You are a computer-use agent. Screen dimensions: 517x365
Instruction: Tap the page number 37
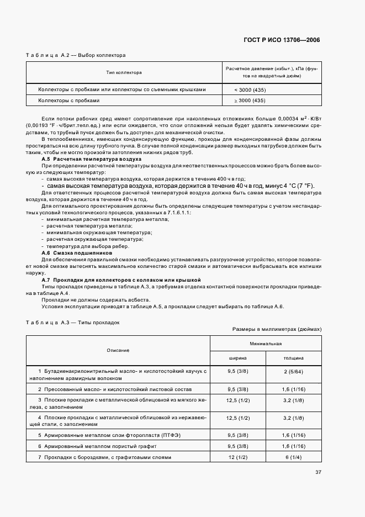click(x=318, y=472)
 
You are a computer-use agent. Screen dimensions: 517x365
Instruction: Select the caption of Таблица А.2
click(x=76, y=55)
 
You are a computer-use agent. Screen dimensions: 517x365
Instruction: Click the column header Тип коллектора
click(x=124, y=72)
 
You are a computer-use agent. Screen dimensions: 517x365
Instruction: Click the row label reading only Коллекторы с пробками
click(x=68, y=101)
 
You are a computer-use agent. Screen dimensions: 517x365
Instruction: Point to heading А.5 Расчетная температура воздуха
click(x=92, y=159)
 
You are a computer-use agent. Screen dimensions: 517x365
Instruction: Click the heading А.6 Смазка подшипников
click(x=77, y=252)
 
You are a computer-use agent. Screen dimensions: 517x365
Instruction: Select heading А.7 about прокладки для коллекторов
click(x=121, y=280)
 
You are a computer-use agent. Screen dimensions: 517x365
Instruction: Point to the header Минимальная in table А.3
click(x=266, y=344)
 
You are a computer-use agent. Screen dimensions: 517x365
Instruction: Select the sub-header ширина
click(x=238, y=358)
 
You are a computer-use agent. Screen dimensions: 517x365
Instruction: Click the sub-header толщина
click(x=293, y=358)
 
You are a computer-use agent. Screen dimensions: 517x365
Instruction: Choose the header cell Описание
click(x=118, y=350)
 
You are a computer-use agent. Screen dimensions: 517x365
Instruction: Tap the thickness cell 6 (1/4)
click(x=293, y=457)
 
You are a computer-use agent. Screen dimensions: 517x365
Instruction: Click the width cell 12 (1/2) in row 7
click(x=238, y=457)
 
